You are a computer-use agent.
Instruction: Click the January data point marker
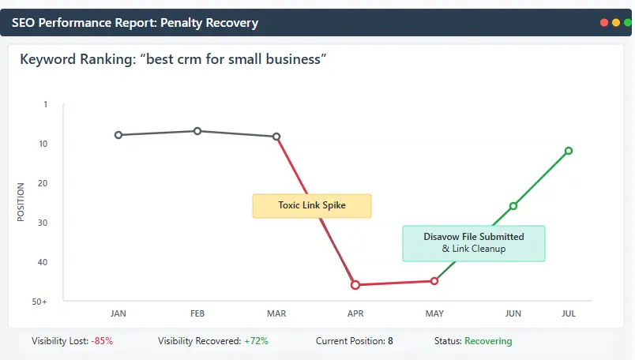tap(118, 135)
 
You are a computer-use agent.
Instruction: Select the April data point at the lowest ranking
tap(355, 285)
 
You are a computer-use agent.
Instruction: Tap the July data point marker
tap(569, 151)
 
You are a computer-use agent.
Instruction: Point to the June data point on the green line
tap(513, 206)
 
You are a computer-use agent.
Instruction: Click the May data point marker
tap(434, 281)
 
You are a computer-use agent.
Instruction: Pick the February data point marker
tap(197, 131)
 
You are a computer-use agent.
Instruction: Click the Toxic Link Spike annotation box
tap(311, 205)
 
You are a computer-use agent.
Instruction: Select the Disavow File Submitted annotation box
tap(473, 243)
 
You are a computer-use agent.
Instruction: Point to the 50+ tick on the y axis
tap(39, 302)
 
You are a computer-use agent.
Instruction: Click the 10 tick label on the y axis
tap(42, 144)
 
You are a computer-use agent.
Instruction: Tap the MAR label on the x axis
tap(276, 314)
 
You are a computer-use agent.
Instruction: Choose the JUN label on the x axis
tap(513, 314)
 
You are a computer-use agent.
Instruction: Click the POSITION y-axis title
tap(21, 202)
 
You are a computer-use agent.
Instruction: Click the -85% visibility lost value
tap(101, 341)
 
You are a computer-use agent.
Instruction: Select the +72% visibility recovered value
tap(256, 341)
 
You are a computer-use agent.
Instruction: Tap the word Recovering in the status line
tap(488, 341)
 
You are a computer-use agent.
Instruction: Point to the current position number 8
tap(390, 341)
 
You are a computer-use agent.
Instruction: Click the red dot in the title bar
tap(604, 23)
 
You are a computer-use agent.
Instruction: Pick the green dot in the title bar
tap(627, 23)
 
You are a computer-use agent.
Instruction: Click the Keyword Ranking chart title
tap(173, 59)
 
